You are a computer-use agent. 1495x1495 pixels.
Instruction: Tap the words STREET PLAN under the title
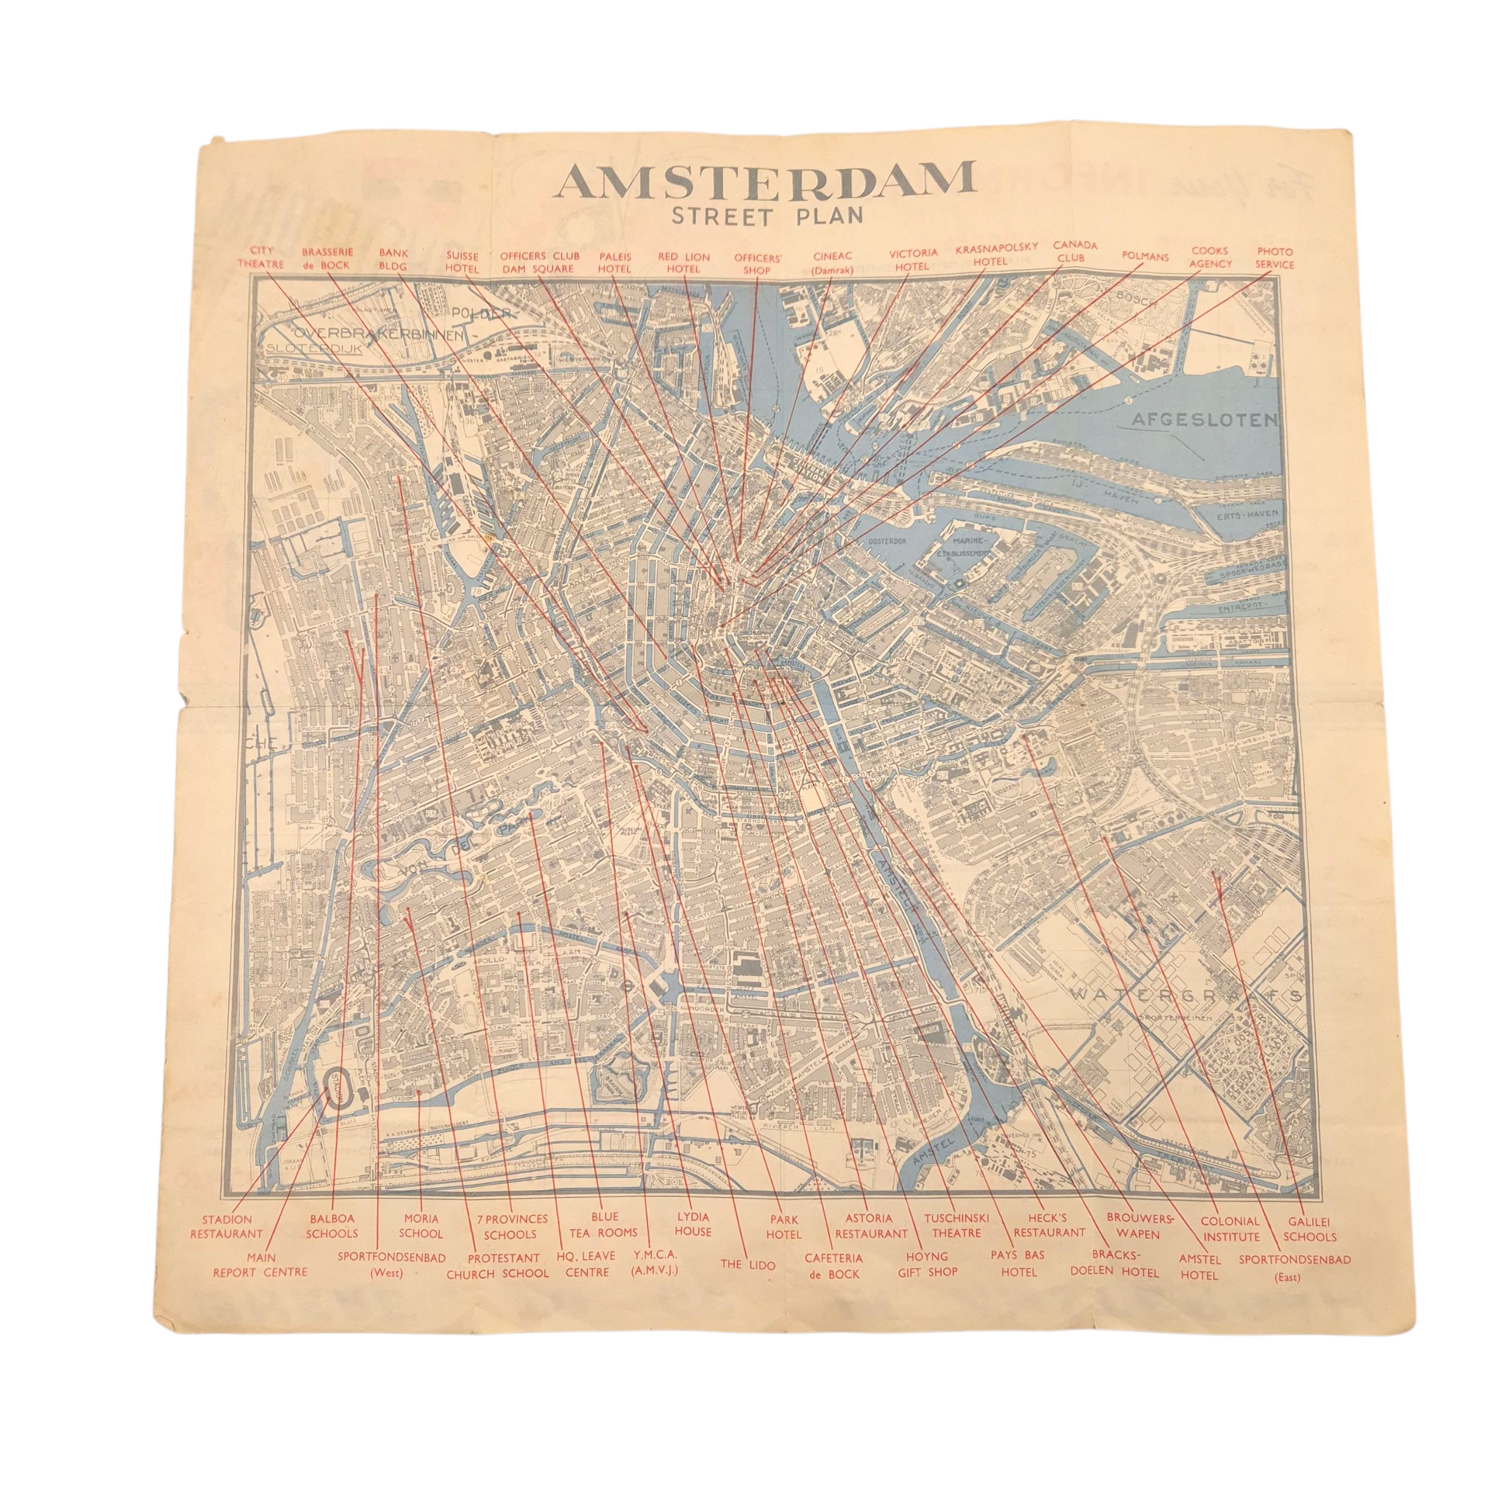(x=766, y=217)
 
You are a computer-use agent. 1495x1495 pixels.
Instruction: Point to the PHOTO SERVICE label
(x=1274, y=258)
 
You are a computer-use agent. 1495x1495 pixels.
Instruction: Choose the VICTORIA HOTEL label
(x=913, y=259)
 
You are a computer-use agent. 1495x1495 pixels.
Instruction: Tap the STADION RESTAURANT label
(x=227, y=1226)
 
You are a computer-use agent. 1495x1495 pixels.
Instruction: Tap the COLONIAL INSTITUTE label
(x=1230, y=1229)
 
